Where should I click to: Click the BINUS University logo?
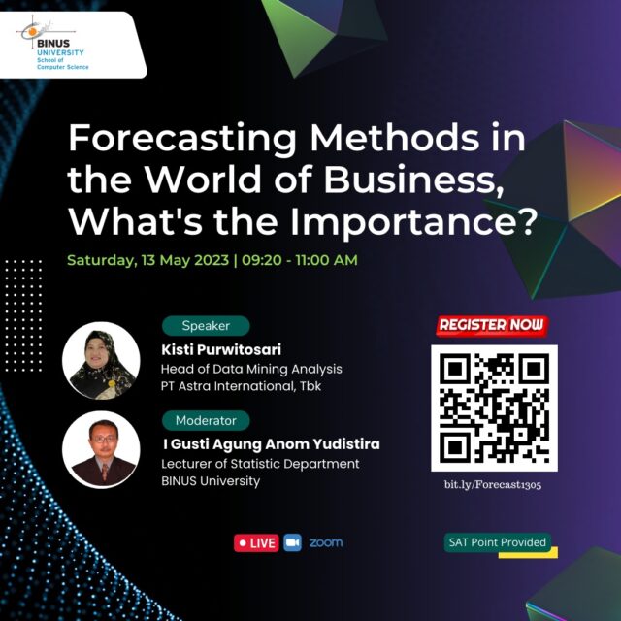53,44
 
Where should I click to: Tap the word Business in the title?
414,180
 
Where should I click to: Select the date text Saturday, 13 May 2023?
147,261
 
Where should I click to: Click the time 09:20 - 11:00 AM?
300,260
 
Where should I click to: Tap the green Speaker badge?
206,326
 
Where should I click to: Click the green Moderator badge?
206,420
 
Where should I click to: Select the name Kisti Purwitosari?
221,349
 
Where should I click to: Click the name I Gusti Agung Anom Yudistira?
272,444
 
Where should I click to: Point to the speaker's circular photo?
101,360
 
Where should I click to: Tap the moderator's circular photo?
101,449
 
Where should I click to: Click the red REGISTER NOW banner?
492,326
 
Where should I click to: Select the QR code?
494,408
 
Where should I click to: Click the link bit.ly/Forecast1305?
493,485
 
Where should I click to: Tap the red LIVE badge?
256,542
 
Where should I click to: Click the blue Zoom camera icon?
293,542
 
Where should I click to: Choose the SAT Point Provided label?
498,542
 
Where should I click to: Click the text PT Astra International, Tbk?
241,386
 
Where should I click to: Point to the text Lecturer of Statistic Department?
260,464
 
